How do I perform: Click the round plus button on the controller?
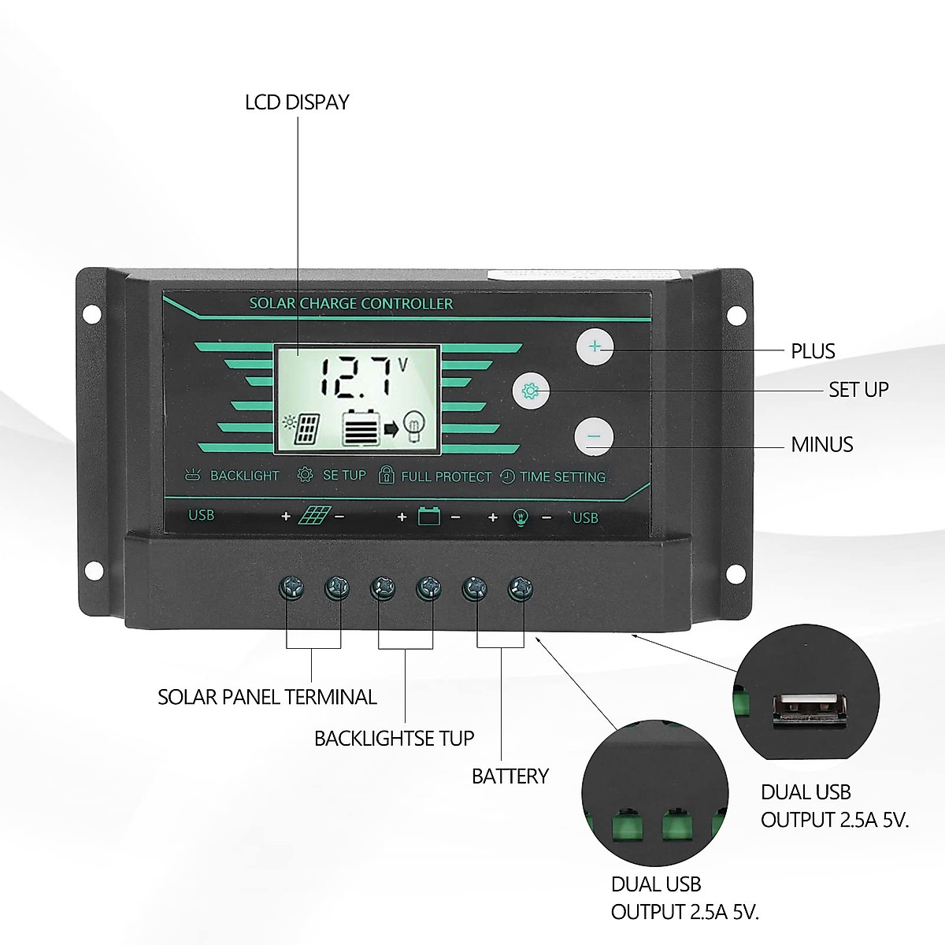(x=595, y=346)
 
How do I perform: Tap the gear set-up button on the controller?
(x=531, y=390)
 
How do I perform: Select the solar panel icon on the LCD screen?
(x=304, y=428)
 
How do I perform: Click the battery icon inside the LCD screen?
(x=361, y=429)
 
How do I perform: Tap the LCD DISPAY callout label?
(x=297, y=102)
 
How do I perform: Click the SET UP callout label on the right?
(x=858, y=390)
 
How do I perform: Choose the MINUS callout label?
(x=821, y=445)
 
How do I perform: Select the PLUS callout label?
(x=812, y=351)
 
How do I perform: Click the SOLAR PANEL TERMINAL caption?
(x=267, y=697)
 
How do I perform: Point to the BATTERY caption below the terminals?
(x=510, y=776)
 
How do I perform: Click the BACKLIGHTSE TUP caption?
(x=394, y=739)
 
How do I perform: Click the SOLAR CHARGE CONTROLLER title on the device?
(x=351, y=304)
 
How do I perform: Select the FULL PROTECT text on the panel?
(x=446, y=476)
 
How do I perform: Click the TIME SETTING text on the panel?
(x=562, y=476)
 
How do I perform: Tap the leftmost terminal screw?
(x=291, y=587)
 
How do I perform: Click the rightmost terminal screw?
(x=520, y=587)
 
